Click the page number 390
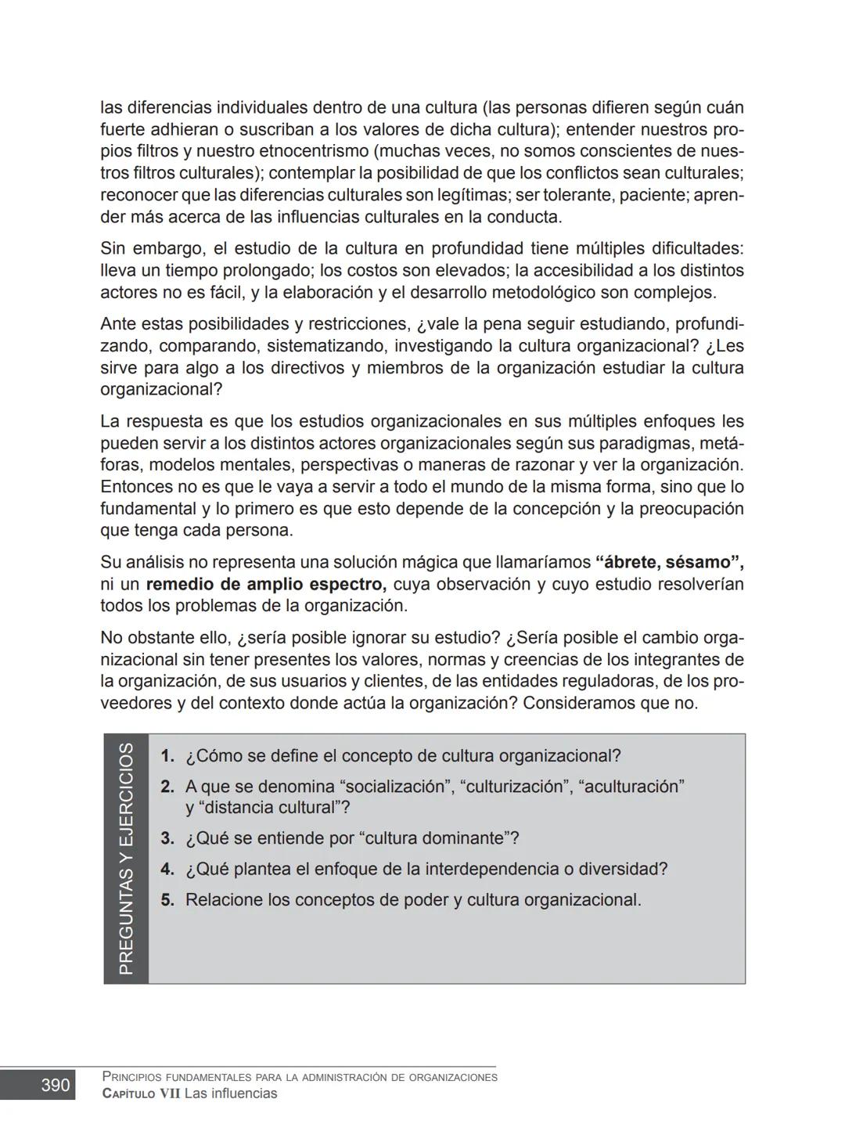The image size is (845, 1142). tap(55, 1086)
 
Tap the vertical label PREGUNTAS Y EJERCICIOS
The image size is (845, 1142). tap(126, 859)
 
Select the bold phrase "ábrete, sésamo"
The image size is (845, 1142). tap(669, 562)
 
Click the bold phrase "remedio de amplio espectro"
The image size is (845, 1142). tap(266, 584)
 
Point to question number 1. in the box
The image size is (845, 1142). tap(167, 756)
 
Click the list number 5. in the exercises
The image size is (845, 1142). tap(167, 900)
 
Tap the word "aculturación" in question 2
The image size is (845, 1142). tap(631, 787)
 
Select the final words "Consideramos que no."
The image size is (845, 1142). tap(610, 703)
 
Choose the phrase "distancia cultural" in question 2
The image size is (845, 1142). tap(268, 808)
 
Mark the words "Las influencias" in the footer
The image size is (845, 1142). tap(231, 1093)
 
